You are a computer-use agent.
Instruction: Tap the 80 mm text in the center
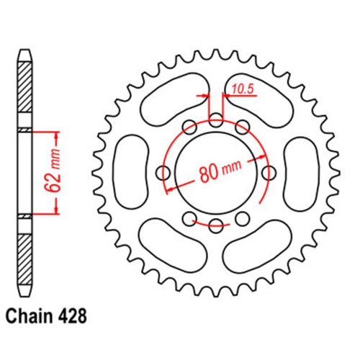tap(217, 173)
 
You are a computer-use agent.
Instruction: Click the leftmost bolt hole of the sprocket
tap(163, 173)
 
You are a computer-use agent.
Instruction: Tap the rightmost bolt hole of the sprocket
tap(270, 173)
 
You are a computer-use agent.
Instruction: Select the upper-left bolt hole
tap(190, 127)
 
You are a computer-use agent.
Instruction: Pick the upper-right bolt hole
tap(243, 127)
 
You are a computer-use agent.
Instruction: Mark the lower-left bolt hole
tap(190, 219)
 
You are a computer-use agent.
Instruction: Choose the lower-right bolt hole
tap(243, 219)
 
